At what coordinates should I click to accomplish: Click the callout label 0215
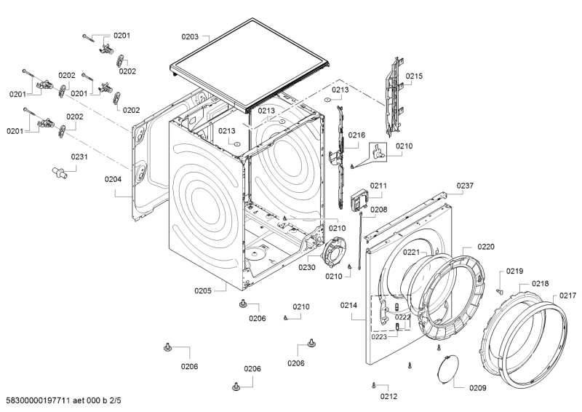point(414,76)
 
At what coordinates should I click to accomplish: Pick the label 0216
point(356,135)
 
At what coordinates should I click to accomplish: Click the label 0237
point(465,186)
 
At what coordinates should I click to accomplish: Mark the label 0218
point(540,283)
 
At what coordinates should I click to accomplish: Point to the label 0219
point(514,271)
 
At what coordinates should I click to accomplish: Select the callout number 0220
point(486,247)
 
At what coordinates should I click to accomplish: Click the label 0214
point(348,305)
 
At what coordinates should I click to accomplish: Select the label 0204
point(113,179)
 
